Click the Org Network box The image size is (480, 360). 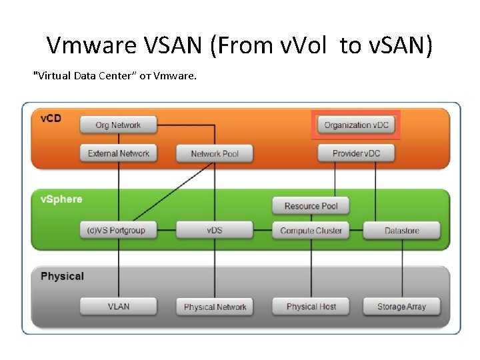(x=118, y=125)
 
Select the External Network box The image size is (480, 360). (x=119, y=153)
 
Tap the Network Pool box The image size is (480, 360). (x=215, y=154)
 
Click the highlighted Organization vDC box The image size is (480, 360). (x=356, y=125)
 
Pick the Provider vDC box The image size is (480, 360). (x=356, y=153)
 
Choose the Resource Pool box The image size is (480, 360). (x=311, y=206)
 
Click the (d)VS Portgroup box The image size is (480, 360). (x=118, y=231)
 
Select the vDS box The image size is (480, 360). (x=215, y=231)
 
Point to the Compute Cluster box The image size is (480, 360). (x=311, y=231)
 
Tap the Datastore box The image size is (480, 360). (x=401, y=231)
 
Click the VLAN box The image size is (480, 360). (x=119, y=307)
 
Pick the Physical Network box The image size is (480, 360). (x=215, y=307)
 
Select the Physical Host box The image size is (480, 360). (x=311, y=307)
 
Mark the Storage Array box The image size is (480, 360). (x=401, y=307)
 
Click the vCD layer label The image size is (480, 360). (x=51, y=119)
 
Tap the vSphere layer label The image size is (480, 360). (x=61, y=199)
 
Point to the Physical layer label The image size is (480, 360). (x=62, y=276)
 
